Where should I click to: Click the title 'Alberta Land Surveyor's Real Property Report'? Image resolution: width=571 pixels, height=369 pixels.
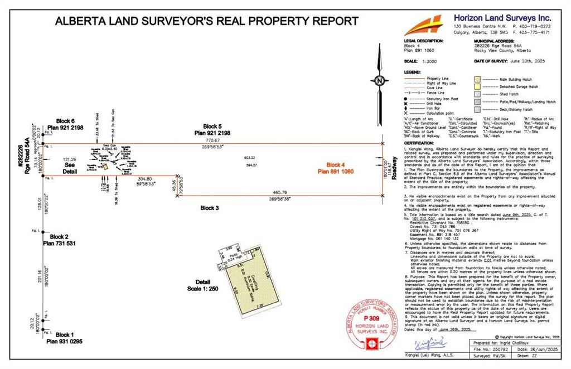coord(206,22)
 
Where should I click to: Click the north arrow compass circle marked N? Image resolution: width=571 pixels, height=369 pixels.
coord(379,80)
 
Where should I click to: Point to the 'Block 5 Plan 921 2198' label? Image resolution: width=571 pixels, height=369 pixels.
coord(212,129)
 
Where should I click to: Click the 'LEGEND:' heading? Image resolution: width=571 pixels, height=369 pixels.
coord(413,72)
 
